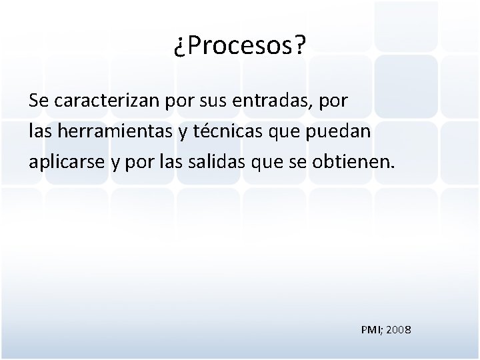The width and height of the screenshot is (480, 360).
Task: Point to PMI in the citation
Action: click(370, 329)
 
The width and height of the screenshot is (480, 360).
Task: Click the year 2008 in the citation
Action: click(399, 329)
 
